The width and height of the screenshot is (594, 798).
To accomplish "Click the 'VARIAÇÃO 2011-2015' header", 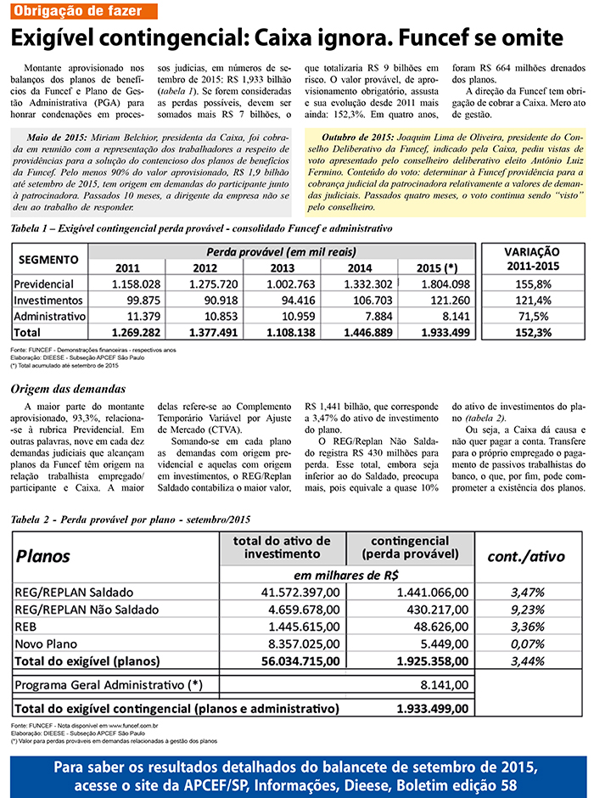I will click(x=532, y=260).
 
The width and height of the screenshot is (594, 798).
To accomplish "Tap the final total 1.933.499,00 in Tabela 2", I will click(x=433, y=707).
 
